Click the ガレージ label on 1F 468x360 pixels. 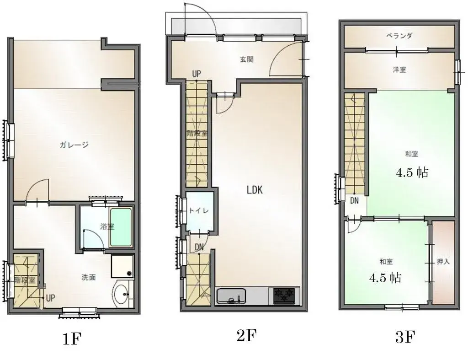click(74, 145)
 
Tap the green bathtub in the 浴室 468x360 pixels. click(121, 227)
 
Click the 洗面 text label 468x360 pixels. click(89, 277)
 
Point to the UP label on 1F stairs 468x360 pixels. click(50, 298)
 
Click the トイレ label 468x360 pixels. click(199, 211)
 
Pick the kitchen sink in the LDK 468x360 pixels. click(231, 296)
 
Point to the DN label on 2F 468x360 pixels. click(199, 247)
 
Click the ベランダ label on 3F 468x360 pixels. click(399, 36)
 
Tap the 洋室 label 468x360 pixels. click(399, 70)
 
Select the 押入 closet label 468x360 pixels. click(443, 262)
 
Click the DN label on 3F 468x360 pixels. click(354, 201)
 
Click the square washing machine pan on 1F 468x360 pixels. click(122, 266)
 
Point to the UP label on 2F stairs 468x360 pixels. click(197, 74)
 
